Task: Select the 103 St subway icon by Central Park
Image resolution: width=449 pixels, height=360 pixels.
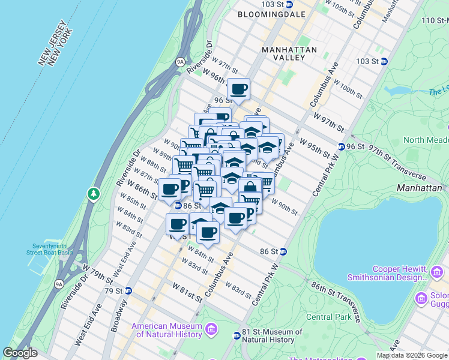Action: point(384,61)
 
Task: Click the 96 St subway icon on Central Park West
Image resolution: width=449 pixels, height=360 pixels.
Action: point(341,146)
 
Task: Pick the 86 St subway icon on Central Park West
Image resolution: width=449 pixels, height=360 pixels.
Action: point(283,251)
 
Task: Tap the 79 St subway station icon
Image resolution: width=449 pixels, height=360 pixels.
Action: point(127,291)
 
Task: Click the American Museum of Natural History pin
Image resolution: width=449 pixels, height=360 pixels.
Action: point(211,329)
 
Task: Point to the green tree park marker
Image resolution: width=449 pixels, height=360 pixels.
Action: point(93,194)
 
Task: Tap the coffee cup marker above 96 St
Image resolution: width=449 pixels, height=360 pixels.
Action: point(239,89)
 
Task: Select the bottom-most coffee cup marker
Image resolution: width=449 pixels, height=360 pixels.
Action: point(208,232)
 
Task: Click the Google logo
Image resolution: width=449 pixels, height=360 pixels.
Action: point(20,353)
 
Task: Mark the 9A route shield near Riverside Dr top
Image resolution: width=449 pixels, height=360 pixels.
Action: point(179,61)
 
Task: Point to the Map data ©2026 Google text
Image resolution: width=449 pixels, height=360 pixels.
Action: point(411,355)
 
